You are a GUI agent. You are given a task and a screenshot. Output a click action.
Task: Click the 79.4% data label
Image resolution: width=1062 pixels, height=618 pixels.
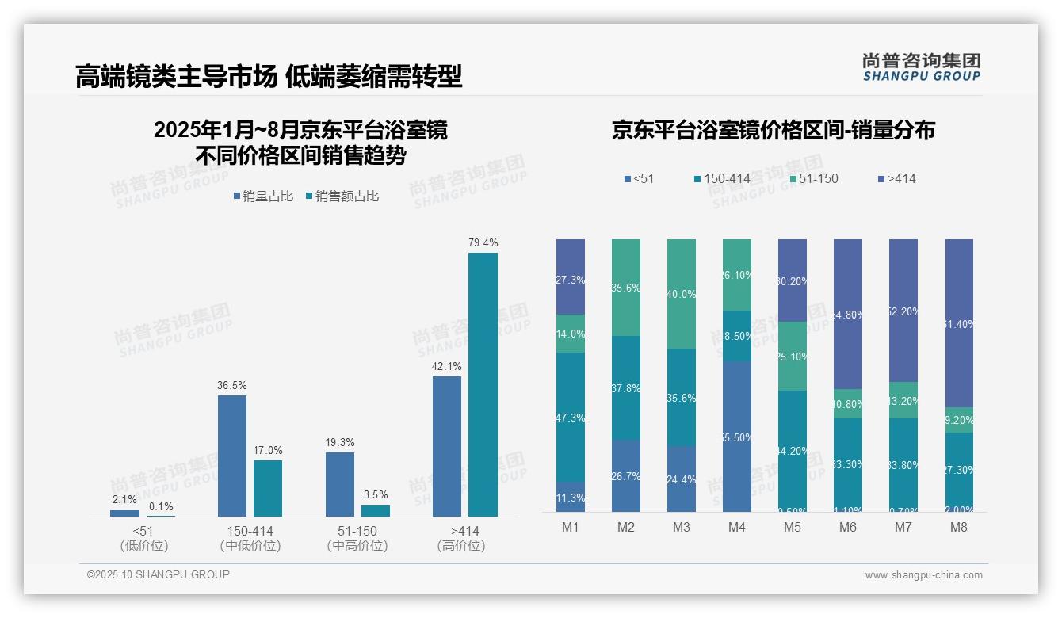(x=483, y=243)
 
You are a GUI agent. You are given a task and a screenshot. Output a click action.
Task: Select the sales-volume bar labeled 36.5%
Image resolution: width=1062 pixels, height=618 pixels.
(x=231, y=456)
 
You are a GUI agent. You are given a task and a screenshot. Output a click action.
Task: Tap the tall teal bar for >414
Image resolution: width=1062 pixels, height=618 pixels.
(x=483, y=384)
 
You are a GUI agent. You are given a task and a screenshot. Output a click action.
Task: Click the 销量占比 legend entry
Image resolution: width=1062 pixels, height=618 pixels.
(x=263, y=196)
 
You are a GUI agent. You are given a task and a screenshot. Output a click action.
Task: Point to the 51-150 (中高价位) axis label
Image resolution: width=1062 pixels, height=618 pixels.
(x=357, y=538)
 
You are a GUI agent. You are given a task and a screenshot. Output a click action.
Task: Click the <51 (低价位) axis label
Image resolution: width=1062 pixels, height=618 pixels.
(x=143, y=538)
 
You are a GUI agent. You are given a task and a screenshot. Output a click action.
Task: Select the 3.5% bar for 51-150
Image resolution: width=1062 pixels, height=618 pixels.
(x=376, y=511)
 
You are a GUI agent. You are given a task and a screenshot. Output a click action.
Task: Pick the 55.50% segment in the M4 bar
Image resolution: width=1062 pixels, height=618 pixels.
(x=737, y=437)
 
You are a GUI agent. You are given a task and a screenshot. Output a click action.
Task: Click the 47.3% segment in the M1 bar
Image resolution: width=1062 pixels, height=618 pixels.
(x=571, y=418)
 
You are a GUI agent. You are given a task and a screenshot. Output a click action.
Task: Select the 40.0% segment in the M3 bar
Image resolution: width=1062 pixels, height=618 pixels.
(x=682, y=294)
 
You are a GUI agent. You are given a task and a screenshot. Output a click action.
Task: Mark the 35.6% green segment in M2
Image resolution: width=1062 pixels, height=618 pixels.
(x=626, y=288)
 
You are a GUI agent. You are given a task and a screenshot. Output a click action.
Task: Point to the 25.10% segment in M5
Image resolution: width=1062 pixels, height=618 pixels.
(x=793, y=357)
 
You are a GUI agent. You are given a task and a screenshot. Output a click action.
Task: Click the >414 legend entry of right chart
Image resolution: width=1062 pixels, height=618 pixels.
(x=896, y=179)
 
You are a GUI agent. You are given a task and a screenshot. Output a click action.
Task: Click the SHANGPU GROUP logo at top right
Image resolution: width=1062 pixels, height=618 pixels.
(x=921, y=67)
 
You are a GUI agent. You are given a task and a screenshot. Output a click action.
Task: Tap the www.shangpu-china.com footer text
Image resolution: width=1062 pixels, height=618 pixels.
(x=923, y=575)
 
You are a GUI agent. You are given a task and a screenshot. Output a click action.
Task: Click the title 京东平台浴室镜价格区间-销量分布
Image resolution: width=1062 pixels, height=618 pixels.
(x=773, y=130)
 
